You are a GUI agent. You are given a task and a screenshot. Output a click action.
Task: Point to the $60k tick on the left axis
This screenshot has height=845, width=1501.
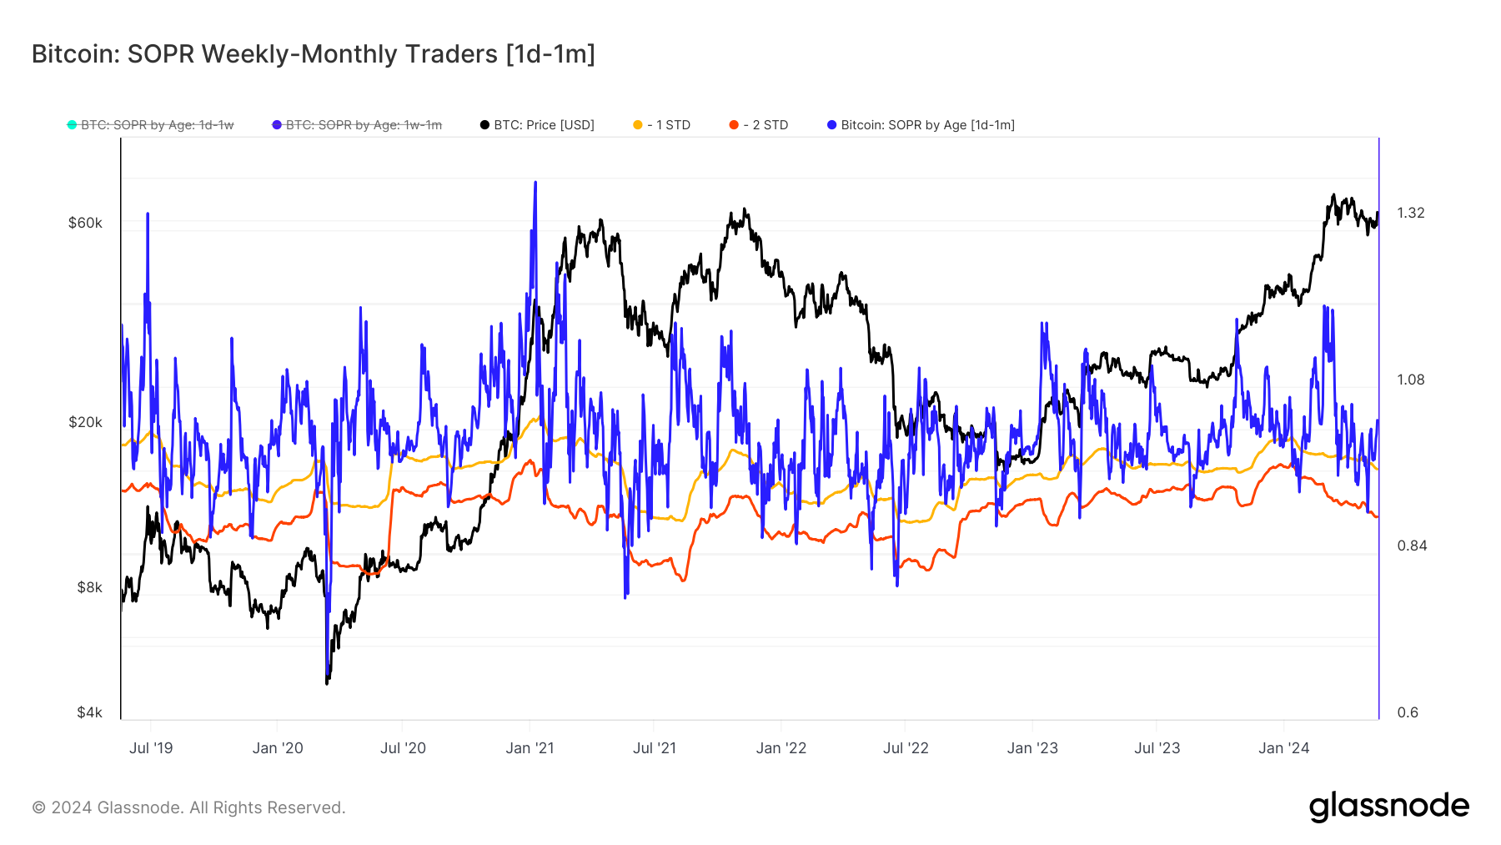[x=85, y=223]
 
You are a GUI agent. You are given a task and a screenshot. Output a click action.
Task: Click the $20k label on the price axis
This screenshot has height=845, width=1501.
[x=85, y=422]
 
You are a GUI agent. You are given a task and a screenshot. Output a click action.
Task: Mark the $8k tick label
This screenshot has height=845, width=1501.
[x=89, y=587]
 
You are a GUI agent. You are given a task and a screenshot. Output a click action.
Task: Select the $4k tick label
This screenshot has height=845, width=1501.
[x=89, y=712]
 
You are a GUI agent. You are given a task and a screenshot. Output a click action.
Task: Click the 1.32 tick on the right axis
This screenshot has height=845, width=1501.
[x=1411, y=213]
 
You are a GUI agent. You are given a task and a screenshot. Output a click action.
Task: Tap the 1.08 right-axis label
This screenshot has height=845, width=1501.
[x=1411, y=380]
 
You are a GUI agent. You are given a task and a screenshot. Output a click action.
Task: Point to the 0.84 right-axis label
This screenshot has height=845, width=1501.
[x=1411, y=546]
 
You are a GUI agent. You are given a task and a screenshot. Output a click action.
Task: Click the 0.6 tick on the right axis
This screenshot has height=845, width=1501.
[x=1408, y=712]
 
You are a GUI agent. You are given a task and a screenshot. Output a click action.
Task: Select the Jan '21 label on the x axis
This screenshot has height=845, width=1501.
[x=530, y=748]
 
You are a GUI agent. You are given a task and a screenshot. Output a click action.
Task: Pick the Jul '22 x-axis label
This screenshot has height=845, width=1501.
[x=906, y=748]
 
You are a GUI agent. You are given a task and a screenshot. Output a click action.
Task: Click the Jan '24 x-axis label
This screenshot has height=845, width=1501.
[x=1283, y=748]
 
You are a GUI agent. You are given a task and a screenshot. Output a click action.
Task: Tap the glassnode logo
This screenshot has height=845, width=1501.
[x=1388, y=807]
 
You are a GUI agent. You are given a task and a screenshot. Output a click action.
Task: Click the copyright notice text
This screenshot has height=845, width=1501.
[x=188, y=807]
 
